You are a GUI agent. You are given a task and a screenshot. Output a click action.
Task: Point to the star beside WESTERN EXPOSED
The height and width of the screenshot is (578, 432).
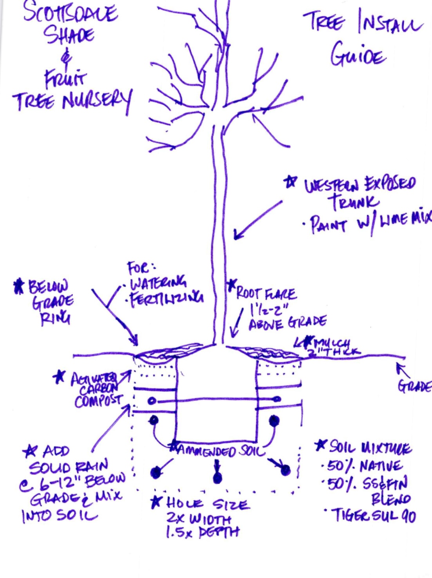pos(290,182)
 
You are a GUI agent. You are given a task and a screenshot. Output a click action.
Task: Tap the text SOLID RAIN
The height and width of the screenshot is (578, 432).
pos(69,467)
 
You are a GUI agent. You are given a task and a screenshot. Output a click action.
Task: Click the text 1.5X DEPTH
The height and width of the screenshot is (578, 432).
pos(202,532)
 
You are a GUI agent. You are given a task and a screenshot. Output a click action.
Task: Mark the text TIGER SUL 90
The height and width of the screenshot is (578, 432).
pos(374,516)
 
